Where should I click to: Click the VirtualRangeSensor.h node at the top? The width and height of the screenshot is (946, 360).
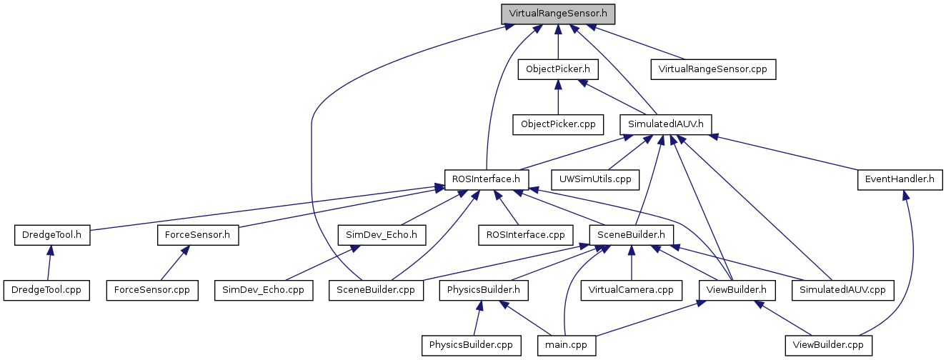tap(557, 14)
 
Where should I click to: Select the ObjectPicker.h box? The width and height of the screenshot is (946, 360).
tap(557, 69)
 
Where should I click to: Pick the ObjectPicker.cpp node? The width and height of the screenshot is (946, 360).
tap(557, 124)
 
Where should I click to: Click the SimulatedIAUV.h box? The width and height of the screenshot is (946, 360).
tap(665, 124)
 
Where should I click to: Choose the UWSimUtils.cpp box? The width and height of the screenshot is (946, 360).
tap(595, 179)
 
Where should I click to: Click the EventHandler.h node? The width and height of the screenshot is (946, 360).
tap(900, 179)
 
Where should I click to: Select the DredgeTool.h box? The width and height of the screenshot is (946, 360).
tap(52, 234)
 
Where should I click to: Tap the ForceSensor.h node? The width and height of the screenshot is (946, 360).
tap(197, 234)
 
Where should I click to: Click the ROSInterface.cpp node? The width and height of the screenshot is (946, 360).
tap(526, 234)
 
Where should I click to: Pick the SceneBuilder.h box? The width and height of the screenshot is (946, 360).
tap(631, 234)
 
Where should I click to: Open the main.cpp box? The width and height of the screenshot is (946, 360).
tap(567, 345)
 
